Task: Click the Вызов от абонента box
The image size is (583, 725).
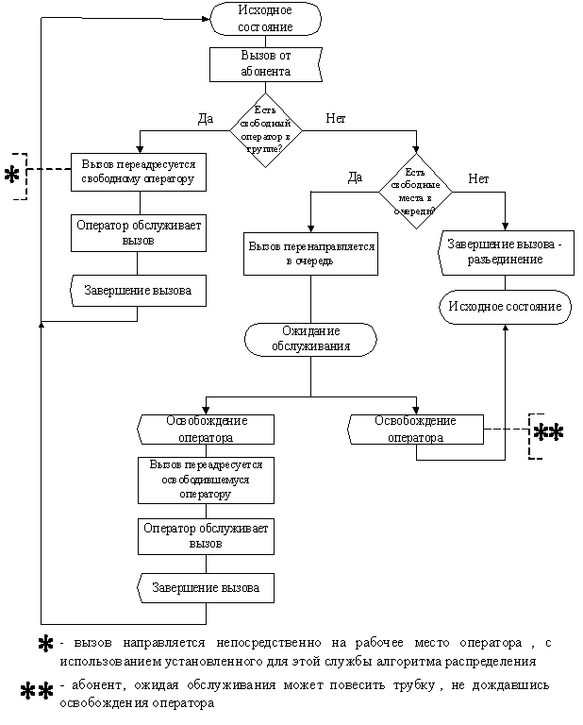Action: point(265,64)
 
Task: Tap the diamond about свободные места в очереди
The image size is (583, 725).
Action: point(415,192)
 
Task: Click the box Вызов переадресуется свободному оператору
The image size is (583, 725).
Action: point(138,171)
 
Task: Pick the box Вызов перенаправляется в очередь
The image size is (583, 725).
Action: point(310,253)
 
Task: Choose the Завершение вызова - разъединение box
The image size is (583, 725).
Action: point(506,252)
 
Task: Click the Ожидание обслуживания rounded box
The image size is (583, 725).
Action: point(310,339)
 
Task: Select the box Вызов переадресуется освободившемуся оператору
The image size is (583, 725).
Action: point(206,480)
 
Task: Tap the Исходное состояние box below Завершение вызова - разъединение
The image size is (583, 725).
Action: point(506,307)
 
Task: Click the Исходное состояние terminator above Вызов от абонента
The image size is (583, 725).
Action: point(265,19)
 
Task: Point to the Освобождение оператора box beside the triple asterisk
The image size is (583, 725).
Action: point(416,429)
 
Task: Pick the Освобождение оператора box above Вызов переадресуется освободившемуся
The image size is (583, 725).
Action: point(207,429)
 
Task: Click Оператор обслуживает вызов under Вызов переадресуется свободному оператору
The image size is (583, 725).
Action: point(138,233)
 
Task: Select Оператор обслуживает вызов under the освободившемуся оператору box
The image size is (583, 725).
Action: point(206,536)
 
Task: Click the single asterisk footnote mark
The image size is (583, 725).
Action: point(43,645)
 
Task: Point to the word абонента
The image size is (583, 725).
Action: point(265,72)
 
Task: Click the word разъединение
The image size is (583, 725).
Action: point(506,260)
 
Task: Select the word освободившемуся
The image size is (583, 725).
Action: point(206,480)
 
